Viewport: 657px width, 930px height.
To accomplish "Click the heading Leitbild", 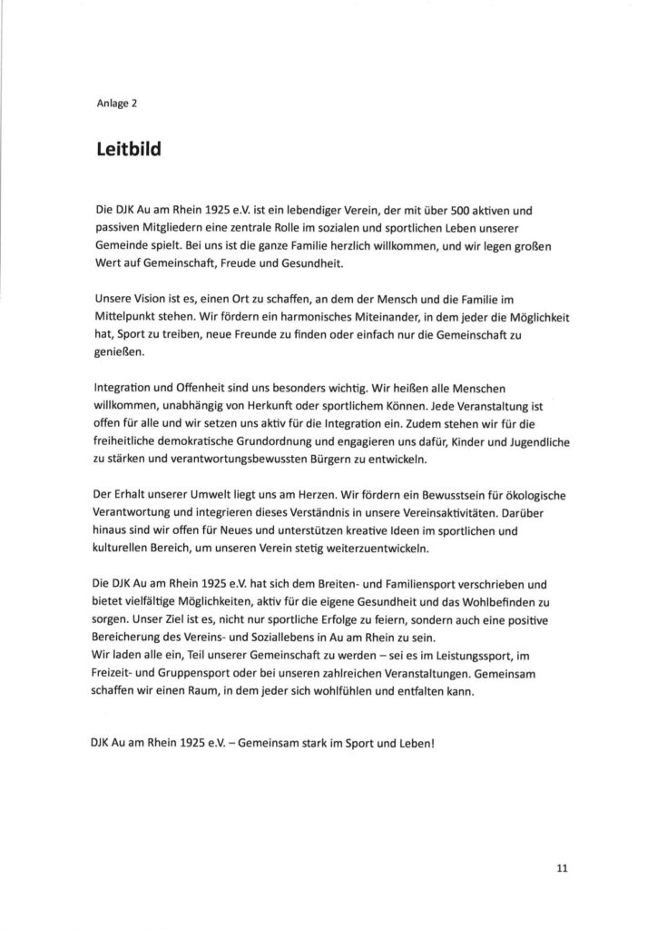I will [x=128, y=149].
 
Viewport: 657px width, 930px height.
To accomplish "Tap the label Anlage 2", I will [x=116, y=102].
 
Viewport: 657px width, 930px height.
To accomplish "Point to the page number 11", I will [x=562, y=868].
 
